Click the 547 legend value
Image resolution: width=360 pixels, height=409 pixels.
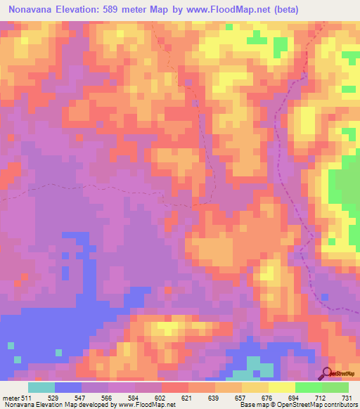pyautogui.click(x=82, y=397)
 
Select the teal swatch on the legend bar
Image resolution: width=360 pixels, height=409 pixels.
pyautogui.click(x=41, y=387)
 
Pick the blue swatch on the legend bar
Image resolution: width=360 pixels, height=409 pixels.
pyautogui.click(x=68, y=387)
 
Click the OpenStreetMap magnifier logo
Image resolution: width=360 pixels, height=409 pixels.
pyautogui.click(x=327, y=373)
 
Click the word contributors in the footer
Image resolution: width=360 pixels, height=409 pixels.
pyautogui.click(x=337, y=405)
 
